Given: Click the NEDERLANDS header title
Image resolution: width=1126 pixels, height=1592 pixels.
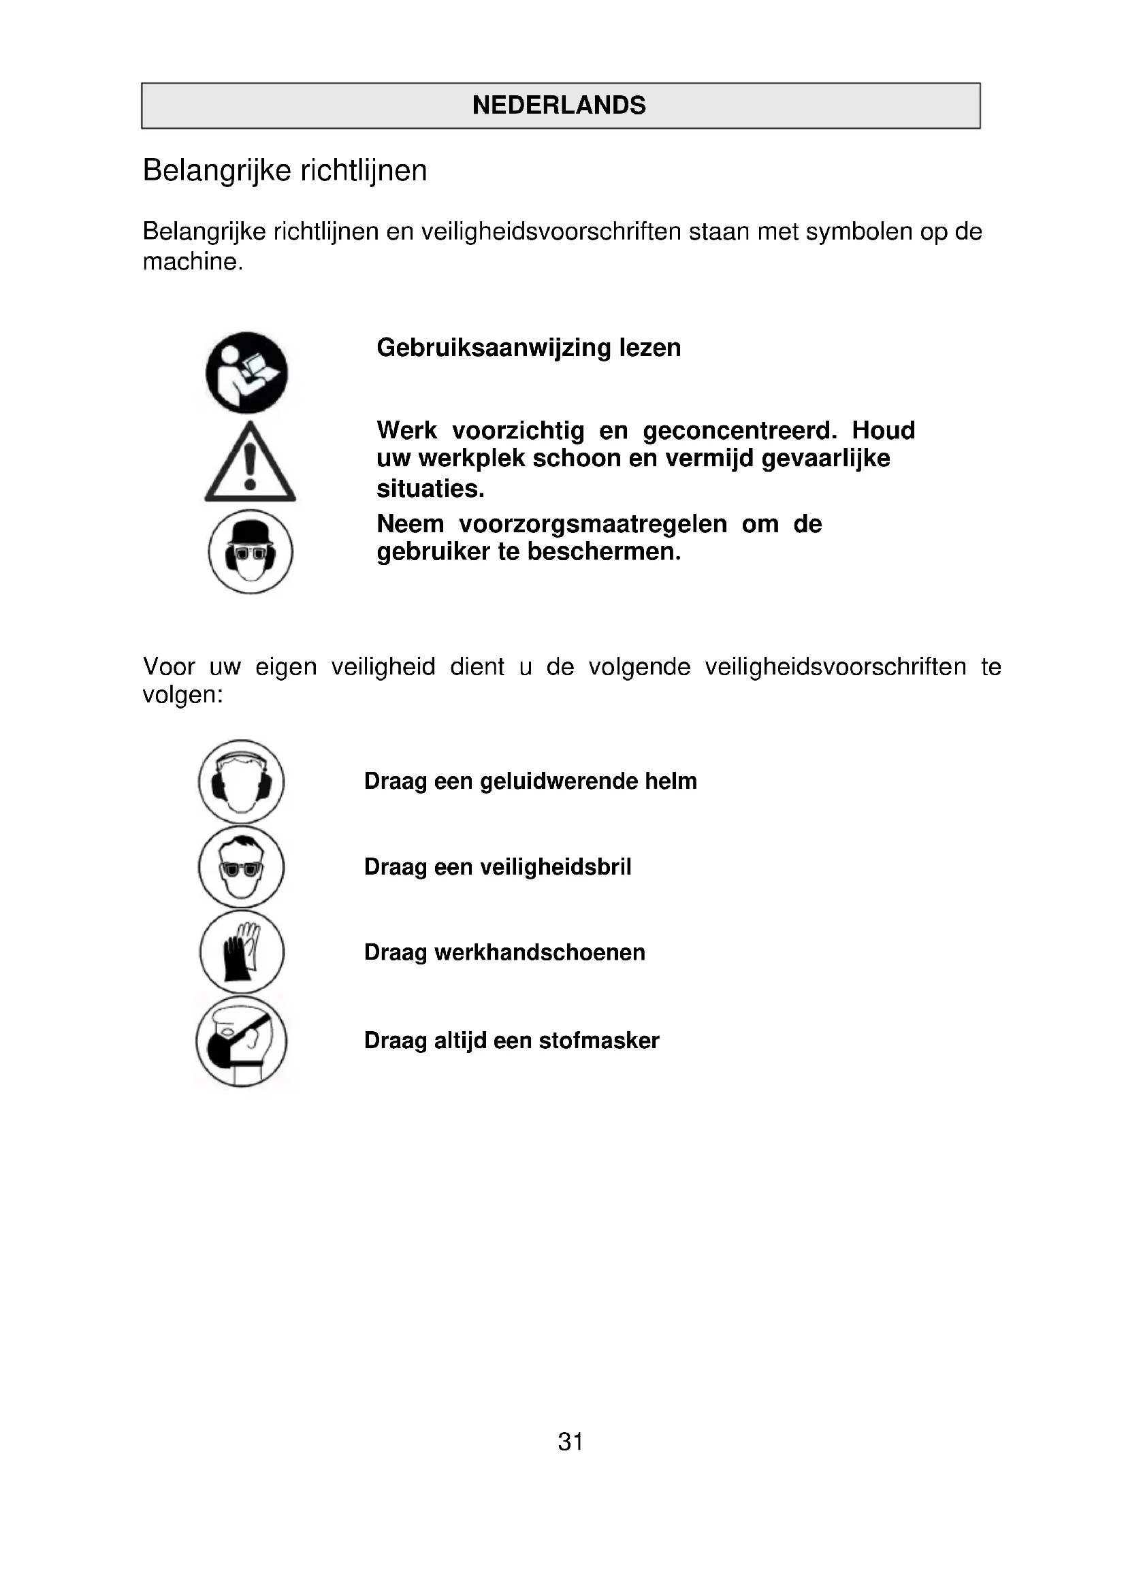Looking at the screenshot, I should (x=559, y=105).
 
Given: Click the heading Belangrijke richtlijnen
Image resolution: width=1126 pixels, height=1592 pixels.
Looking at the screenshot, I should (x=285, y=171).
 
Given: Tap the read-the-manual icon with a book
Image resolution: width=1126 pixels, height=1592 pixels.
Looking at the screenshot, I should (x=246, y=373).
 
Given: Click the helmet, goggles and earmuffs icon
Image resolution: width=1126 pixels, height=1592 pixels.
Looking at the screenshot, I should (x=251, y=551).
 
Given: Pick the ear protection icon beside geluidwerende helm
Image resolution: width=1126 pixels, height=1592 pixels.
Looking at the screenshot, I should (x=241, y=781).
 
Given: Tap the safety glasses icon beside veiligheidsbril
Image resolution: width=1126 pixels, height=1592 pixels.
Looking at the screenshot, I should (x=241, y=866).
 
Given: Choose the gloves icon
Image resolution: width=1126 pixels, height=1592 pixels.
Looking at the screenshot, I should (x=241, y=952).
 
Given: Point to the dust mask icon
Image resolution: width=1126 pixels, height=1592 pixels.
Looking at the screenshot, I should (x=241, y=1041).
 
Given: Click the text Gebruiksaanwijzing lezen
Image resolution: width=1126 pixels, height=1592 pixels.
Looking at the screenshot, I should (x=528, y=347).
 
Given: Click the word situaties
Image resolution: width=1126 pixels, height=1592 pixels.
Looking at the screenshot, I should (x=430, y=489).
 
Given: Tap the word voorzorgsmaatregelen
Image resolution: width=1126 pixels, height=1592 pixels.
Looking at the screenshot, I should (x=593, y=524).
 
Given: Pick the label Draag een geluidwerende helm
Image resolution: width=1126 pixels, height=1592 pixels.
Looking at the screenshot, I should (x=530, y=781).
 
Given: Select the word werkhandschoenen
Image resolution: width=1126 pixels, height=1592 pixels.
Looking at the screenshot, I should (x=539, y=953).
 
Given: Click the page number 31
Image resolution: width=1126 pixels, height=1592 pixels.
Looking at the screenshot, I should (x=570, y=1442).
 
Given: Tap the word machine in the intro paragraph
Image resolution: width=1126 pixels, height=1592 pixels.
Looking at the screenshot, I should (x=191, y=262).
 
